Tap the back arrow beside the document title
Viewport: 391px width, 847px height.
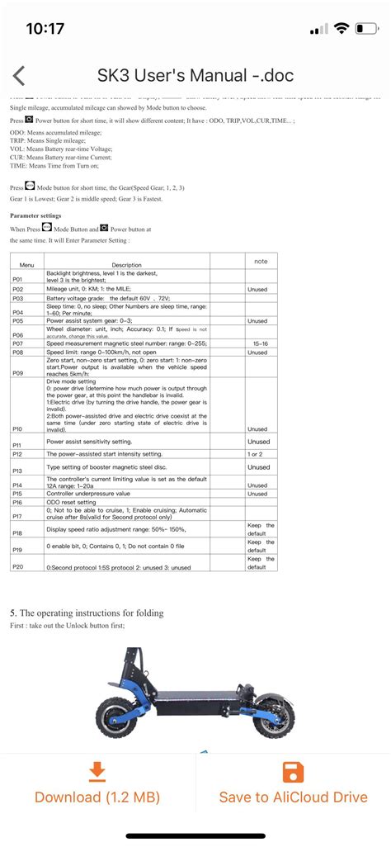pyautogui.click(x=19, y=76)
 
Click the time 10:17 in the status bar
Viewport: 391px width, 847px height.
pyautogui.click(x=45, y=28)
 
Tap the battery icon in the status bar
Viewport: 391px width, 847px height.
pyautogui.click(x=368, y=28)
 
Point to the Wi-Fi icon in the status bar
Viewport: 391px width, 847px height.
pyautogui.click(x=342, y=28)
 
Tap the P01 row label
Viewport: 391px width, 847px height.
pyautogui.click(x=17, y=280)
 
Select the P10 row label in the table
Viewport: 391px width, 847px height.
pyautogui.click(x=17, y=429)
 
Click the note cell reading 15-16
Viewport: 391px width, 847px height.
pyautogui.click(x=261, y=343)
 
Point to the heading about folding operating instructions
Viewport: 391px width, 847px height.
pyautogui.click(x=87, y=613)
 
